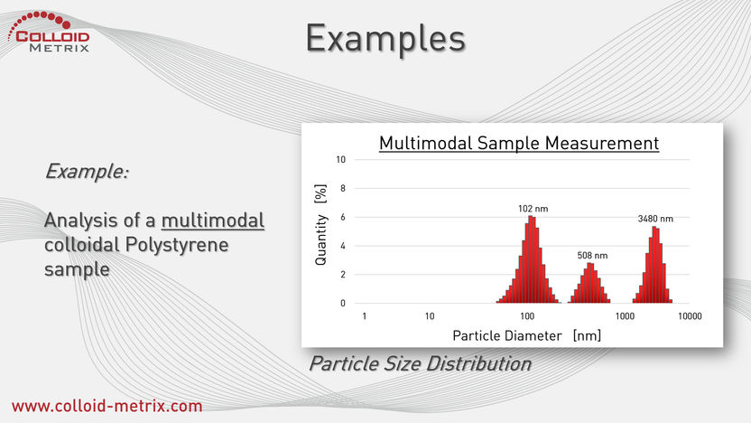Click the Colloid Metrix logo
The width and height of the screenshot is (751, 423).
[x=49, y=32]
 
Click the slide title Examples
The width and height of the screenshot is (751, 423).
[x=385, y=39]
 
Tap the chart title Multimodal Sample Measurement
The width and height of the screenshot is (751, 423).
[x=519, y=143]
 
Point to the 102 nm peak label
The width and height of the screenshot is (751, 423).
[x=533, y=209]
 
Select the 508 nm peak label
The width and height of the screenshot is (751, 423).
[x=592, y=256]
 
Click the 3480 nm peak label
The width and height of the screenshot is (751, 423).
[x=655, y=219]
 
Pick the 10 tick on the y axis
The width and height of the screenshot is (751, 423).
[x=340, y=160]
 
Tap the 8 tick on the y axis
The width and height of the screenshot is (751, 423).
[x=342, y=189]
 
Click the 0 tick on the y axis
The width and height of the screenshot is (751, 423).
[x=342, y=303]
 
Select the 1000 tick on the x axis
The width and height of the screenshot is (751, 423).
[x=625, y=316]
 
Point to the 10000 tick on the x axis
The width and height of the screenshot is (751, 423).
[x=690, y=316]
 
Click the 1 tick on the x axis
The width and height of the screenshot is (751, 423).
[x=365, y=316]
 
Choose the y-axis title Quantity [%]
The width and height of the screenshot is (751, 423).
[x=320, y=224]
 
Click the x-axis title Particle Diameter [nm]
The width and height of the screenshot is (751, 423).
[x=526, y=335]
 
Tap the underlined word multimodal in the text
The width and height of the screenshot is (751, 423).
[x=213, y=221]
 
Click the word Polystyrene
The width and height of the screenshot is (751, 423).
[x=177, y=245]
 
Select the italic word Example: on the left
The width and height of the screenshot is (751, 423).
[x=87, y=171]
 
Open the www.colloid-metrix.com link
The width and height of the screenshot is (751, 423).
[x=107, y=406]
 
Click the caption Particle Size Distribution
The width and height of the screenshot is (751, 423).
[x=420, y=363]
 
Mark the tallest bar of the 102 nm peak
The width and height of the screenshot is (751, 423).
[x=530, y=259]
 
